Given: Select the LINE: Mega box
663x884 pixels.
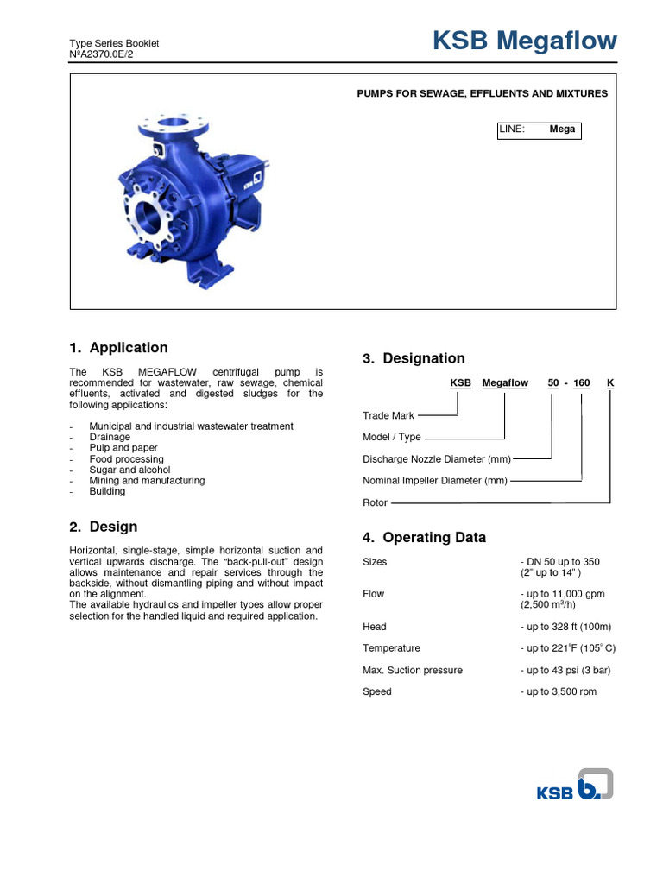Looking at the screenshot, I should tap(538, 129).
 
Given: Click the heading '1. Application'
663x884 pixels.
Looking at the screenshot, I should tap(118, 348).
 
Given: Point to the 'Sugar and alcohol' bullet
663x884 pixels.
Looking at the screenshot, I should tap(129, 470).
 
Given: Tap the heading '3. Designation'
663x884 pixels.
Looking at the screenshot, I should tap(414, 358).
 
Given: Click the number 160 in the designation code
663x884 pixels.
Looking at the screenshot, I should tap(581, 382).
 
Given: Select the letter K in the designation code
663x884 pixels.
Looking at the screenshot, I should tap(610, 382).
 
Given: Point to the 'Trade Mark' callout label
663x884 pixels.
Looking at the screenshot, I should tap(388, 416).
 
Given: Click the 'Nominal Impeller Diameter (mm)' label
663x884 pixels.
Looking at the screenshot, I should tap(434, 481).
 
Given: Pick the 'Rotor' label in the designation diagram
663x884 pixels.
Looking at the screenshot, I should tap(376, 502).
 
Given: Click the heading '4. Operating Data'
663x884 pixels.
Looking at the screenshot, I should tap(424, 538).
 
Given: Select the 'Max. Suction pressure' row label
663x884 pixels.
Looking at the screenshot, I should tap(413, 671).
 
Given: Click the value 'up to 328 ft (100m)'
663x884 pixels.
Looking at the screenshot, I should tap(569, 627).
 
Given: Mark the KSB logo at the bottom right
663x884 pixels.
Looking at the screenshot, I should tap(575, 786).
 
